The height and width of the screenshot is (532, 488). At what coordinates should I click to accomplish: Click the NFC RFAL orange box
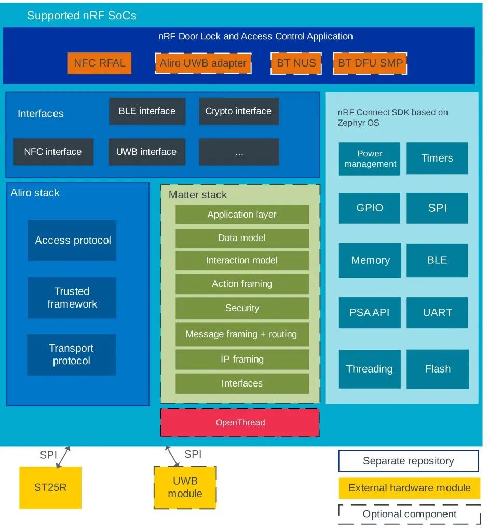99,63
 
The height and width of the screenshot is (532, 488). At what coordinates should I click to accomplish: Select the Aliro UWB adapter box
203,63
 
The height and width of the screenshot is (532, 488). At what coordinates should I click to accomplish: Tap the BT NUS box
296,63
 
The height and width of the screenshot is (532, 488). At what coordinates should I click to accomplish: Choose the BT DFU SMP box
370,63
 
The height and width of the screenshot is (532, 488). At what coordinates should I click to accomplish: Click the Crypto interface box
238,111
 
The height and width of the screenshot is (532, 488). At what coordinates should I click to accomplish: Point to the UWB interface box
146,152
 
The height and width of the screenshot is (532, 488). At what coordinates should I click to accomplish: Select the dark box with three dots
239,152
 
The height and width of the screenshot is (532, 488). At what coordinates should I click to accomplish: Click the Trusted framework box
72,298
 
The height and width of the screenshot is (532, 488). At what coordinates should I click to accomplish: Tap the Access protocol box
72,241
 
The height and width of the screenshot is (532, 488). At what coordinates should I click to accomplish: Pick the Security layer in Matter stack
242,308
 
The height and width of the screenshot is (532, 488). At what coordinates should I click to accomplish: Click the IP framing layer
242,359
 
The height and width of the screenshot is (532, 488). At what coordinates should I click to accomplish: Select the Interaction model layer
242,260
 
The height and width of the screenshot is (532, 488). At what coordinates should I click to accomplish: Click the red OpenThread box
240,422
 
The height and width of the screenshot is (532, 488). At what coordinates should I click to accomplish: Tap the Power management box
370,158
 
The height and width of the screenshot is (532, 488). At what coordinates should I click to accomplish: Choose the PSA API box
370,313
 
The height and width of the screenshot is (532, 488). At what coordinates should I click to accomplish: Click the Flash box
438,369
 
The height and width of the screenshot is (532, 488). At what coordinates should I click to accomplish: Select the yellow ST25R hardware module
50,487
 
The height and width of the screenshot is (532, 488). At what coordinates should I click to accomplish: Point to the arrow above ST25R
63,456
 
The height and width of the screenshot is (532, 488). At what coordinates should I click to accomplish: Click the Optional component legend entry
409,514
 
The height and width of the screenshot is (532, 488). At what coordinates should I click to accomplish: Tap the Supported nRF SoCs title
82,16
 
